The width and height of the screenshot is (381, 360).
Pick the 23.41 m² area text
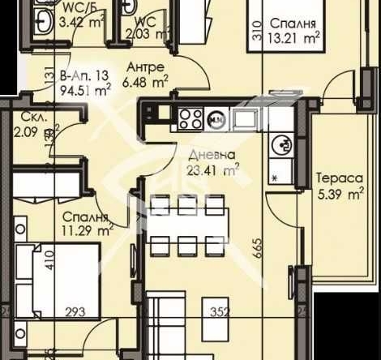point(209,170)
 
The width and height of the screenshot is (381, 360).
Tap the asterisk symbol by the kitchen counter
point(276,177)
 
